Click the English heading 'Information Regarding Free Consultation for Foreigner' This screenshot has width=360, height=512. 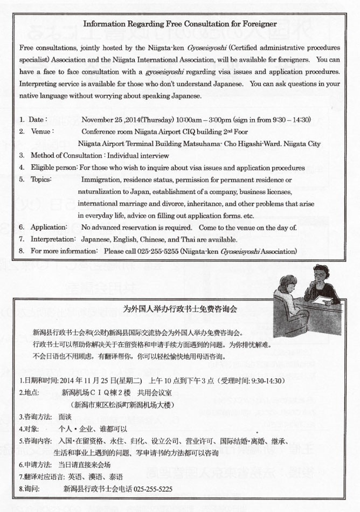pos(180,24)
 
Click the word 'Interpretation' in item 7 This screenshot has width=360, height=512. pos(52,239)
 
